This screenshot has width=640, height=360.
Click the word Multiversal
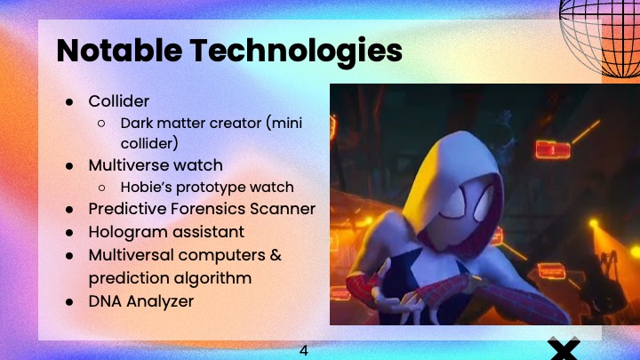[131, 255]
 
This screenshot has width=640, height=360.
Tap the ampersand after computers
[276, 255]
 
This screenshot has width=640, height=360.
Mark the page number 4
[303, 350]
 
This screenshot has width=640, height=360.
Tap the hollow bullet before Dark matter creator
[102, 123]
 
